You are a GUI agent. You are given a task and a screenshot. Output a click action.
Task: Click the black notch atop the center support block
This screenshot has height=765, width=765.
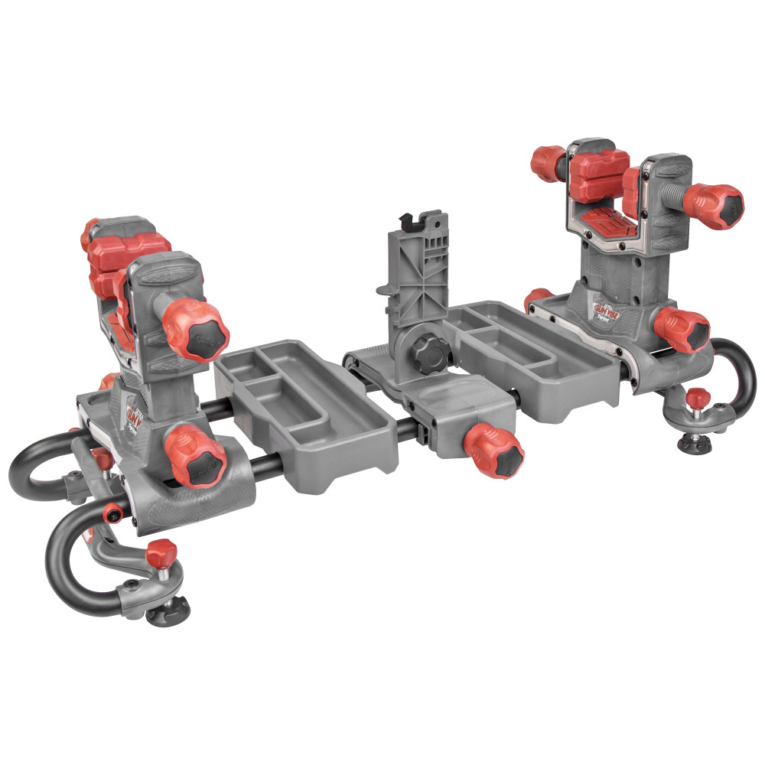point(410,221)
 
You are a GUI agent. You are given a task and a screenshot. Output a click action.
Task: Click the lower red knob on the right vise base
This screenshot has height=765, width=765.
point(682,330)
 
